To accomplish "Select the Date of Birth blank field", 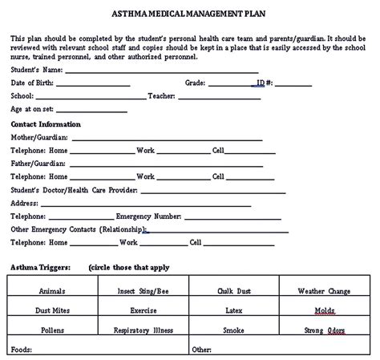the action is pyautogui.click(x=92, y=83).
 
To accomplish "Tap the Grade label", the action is pyautogui.click(x=195, y=83).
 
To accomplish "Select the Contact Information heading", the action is pyautogui.click(x=46, y=124).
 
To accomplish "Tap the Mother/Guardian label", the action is pyautogui.click(x=38, y=137).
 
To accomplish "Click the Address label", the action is pyautogui.click(x=25, y=203).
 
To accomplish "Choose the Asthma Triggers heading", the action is pyautogui.click(x=40, y=267).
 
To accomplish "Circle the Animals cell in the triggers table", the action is pyautogui.click(x=51, y=291).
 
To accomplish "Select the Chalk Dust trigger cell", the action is pyautogui.click(x=234, y=291).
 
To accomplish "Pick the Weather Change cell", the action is pyautogui.click(x=325, y=291).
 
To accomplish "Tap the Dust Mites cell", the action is pyautogui.click(x=51, y=309).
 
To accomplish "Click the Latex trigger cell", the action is pyautogui.click(x=234, y=309).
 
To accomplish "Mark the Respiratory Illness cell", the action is pyautogui.click(x=143, y=329).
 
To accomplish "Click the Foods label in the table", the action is pyautogui.click(x=22, y=349).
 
